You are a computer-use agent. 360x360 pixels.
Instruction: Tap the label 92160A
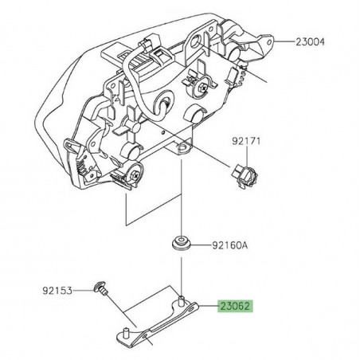[x=231, y=246]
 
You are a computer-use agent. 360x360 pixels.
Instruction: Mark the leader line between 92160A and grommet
[x=202, y=245]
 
